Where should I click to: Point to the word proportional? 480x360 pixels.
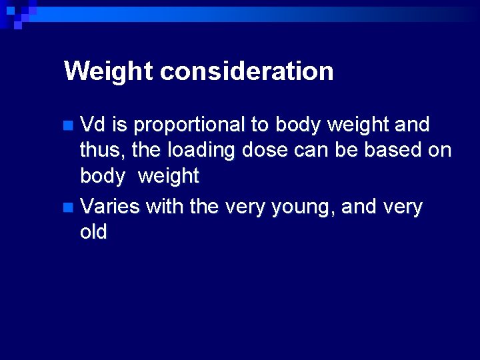(x=189, y=125)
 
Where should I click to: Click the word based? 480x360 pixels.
(x=387, y=151)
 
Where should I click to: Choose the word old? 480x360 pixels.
(x=93, y=232)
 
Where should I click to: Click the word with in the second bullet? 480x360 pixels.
(x=165, y=207)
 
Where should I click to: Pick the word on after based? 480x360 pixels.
(x=438, y=151)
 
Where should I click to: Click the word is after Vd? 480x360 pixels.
(x=119, y=125)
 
